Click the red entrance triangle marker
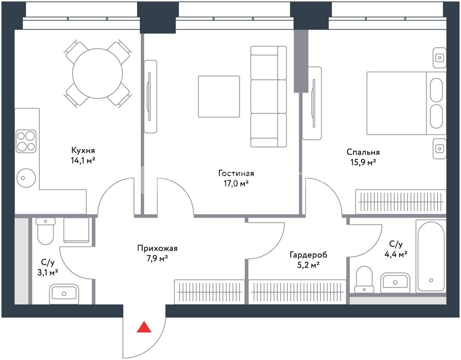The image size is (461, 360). (x=144, y=327)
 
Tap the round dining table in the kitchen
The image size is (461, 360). (x=97, y=74)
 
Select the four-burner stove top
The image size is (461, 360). (x=26, y=142)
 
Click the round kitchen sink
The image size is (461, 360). (x=26, y=178)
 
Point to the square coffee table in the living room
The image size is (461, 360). (x=219, y=96)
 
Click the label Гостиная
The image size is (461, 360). (x=236, y=173)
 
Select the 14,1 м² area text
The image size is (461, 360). (x=83, y=161)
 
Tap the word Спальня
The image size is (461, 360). (x=363, y=152)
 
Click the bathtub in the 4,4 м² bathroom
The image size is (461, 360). (x=431, y=256)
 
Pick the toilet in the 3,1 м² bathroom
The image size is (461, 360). (x=46, y=231)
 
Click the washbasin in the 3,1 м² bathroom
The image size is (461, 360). (x=64, y=294)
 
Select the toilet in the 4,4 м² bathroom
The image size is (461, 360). (x=364, y=280)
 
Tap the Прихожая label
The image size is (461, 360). (x=157, y=248)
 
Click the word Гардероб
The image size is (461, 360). (x=308, y=255)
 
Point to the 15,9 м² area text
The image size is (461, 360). (x=364, y=162)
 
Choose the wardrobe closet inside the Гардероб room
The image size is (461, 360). (x=297, y=292)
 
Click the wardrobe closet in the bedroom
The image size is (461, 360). (x=401, y=202)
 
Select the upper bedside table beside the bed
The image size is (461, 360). (x=440, y=58)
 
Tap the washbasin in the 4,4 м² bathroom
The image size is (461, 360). (x=395, y=283)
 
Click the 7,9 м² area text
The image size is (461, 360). (x=157, y=259)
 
